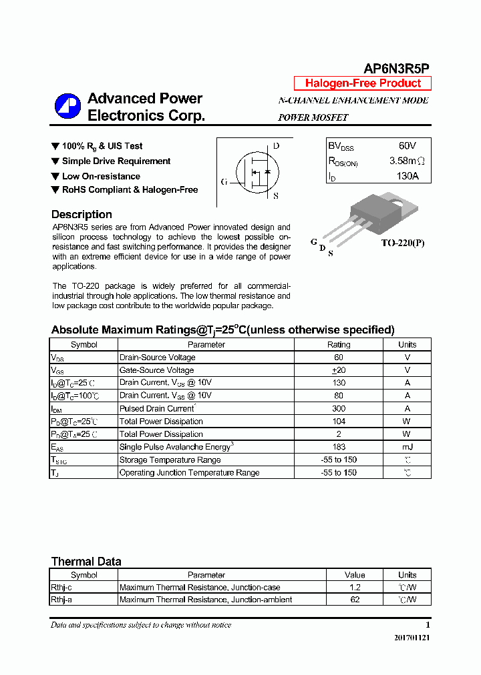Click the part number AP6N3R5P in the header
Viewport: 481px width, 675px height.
click(x=396, y=69)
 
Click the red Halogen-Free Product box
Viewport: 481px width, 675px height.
click(x=363, y=83)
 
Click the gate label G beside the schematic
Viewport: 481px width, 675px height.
click(x=224, y=181)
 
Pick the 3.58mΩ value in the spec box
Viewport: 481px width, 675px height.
click(x=407, y=161)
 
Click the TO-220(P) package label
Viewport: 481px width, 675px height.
click(x=402, y=243)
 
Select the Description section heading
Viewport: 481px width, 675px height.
click(x=82, y=215)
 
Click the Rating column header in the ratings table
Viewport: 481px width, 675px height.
click(x=338, y=345)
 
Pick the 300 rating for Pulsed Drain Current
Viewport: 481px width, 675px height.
click(x=338, y=408)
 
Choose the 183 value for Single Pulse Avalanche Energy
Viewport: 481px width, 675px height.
click(x=338, y=447)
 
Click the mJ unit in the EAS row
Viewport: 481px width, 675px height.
click(x=407, y=447)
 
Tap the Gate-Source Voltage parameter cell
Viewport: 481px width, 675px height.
click(x=156, y=370)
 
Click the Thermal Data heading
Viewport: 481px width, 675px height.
click(x=86, y=562)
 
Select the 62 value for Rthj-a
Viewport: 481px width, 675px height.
click(x=355, y=600)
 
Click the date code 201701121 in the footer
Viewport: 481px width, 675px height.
click(x=412, y=638)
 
